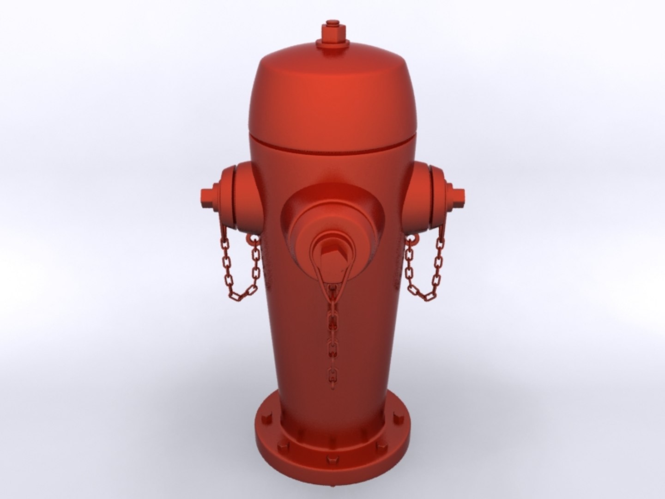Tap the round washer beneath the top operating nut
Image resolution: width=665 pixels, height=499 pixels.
click(x=332, y=44)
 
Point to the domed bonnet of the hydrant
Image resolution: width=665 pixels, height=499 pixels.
click(x=332, y=92)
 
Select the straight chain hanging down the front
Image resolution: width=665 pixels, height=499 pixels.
click(x=332, y=333)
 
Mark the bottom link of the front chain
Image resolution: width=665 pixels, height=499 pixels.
click(x=332, y=373)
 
